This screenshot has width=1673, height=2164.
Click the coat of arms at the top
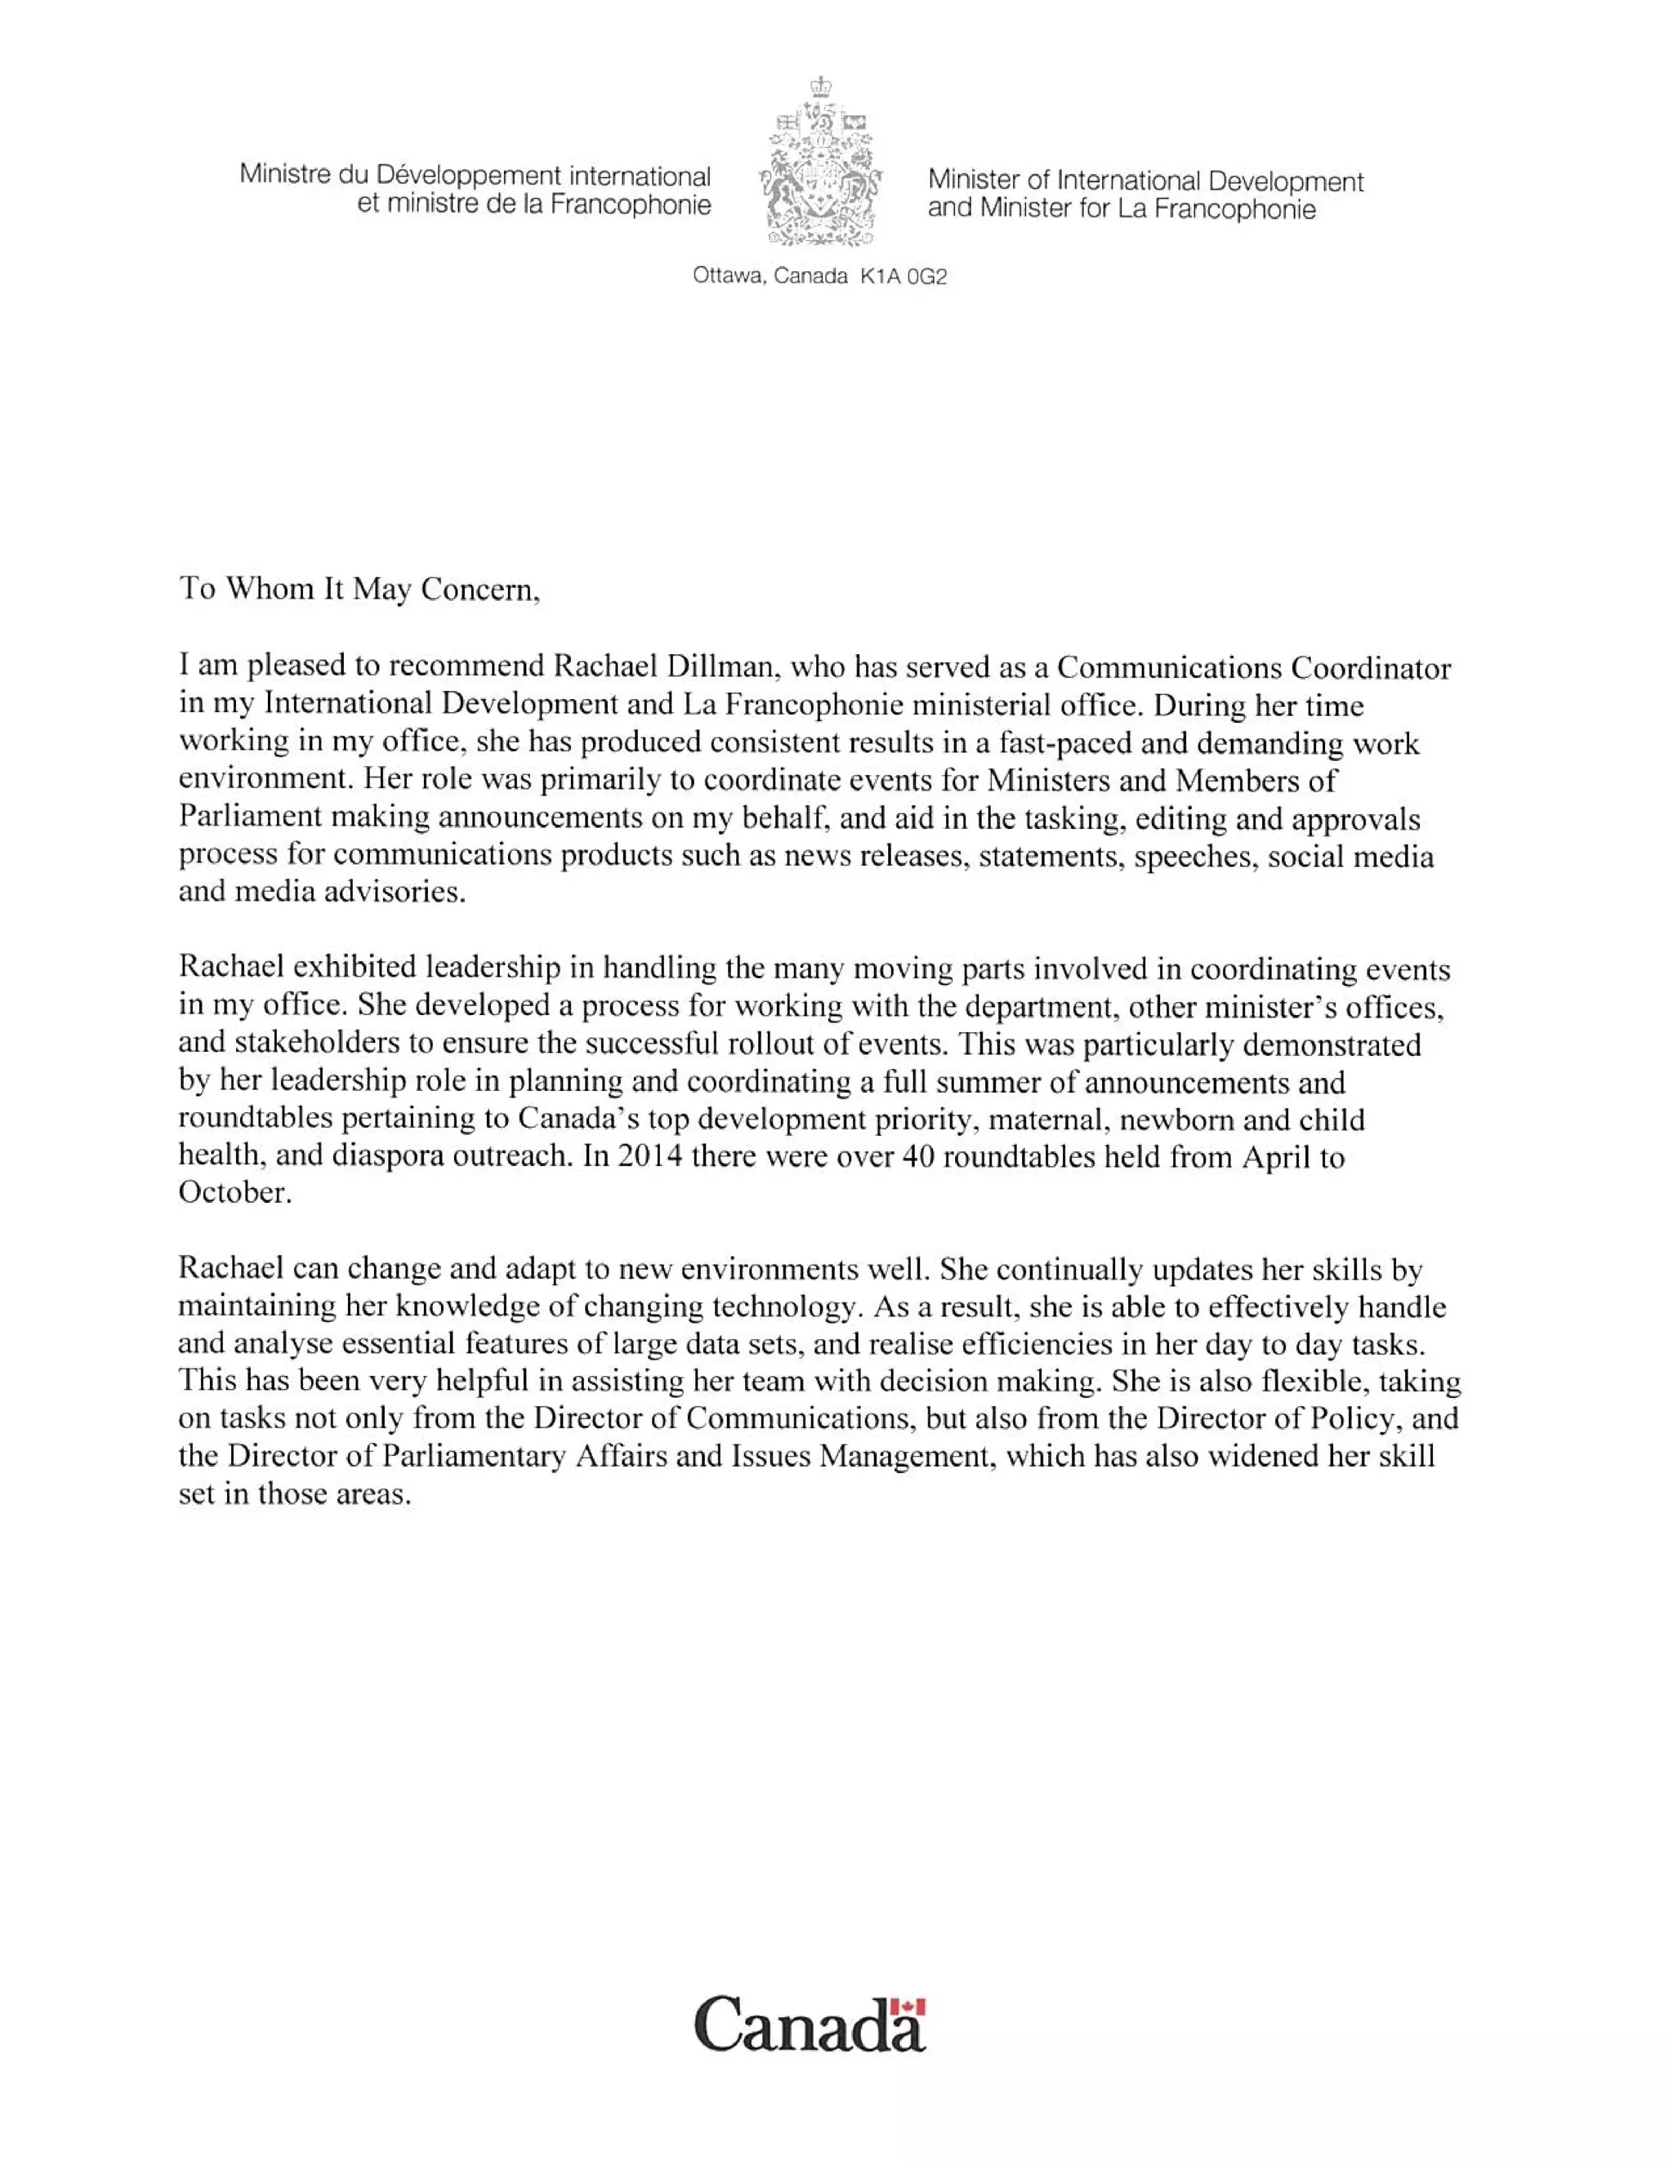[821, 162]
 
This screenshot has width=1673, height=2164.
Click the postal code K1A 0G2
[903, 277]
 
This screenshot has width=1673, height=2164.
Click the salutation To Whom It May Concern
[359, 590]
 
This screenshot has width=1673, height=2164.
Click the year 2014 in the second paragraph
[649, 1156]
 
